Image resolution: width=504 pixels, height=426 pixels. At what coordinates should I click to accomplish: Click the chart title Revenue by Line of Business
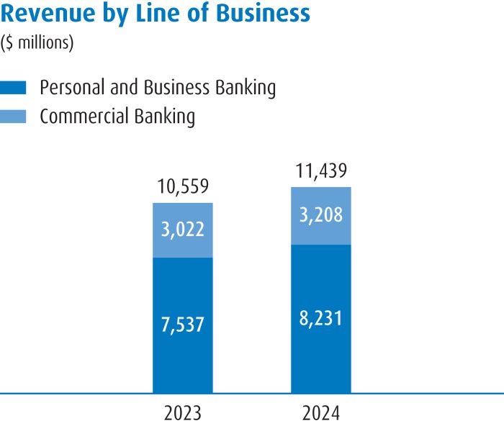click(156, 14)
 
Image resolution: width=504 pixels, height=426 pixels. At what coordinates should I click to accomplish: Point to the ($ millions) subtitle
click(37, 43)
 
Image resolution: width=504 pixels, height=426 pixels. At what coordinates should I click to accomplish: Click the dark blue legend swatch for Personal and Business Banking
click(14, 88)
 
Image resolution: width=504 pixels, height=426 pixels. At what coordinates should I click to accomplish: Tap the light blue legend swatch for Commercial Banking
click(14, 116)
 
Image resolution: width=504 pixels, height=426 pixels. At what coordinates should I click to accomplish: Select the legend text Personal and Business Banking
click(158, 88)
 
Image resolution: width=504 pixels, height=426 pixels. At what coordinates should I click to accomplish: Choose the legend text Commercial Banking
click(117, 116)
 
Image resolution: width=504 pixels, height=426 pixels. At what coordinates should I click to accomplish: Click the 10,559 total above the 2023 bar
click(182, 188)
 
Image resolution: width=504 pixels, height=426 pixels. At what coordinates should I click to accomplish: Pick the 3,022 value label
click(182, 230)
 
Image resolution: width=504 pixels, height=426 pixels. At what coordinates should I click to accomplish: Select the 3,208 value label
click(321, 215)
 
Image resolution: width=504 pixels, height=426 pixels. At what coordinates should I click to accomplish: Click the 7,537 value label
click(182, 325)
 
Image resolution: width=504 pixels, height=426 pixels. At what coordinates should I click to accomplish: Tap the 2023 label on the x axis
click(182, 414)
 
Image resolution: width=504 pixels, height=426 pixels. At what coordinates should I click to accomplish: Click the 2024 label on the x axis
click(321, 414)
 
